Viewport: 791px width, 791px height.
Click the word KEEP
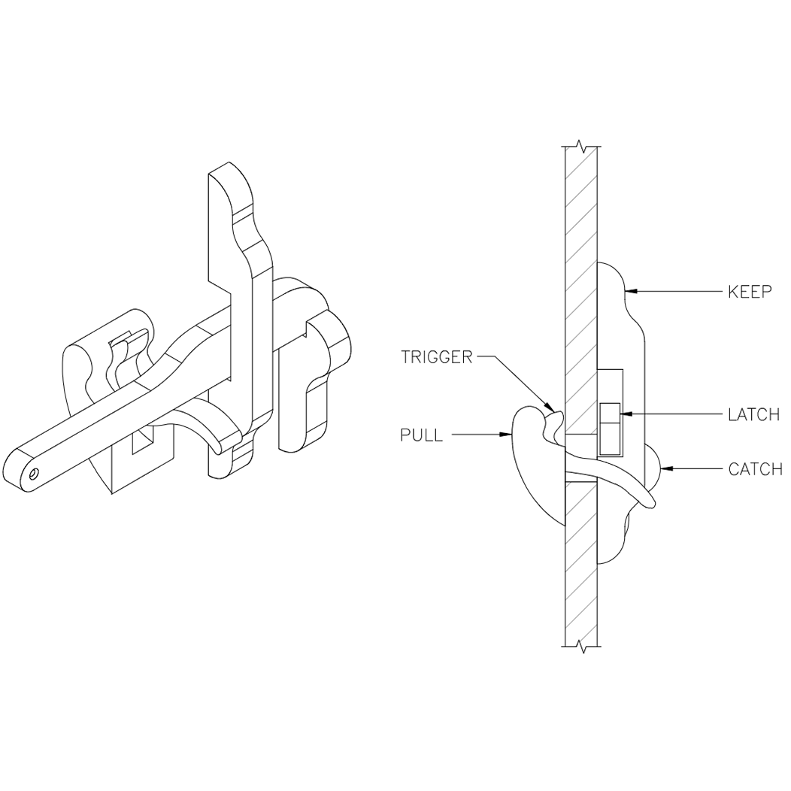[750, 291]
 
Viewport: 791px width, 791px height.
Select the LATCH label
[754, 414]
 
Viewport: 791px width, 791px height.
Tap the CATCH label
[755, 470]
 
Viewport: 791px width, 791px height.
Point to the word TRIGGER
[436, 357]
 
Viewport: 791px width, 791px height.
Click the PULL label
[421, 435]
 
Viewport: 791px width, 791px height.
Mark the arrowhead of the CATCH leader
[662, 469]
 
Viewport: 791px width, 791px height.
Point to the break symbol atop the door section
[580, 144]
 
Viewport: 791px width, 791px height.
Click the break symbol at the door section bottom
[580, 646]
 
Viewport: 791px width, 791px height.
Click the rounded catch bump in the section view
[651, 466]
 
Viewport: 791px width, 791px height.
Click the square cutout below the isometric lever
[143, 442]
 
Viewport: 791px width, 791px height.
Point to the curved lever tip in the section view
[651, 502]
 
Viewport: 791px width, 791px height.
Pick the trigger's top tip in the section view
[555, 408]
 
